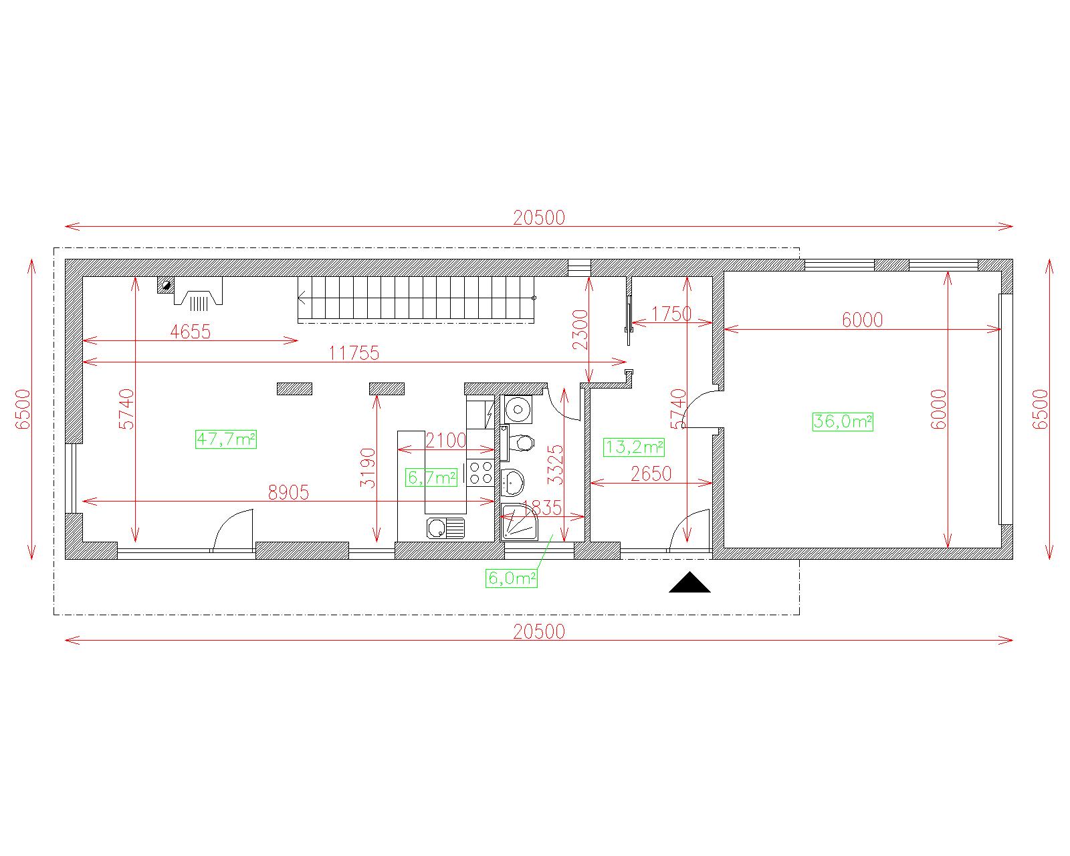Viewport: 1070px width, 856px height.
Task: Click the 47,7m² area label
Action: pyautogui.click(x=226, y=439)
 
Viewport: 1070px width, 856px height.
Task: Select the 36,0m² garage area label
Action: pyautogui.click(x=843, y=421)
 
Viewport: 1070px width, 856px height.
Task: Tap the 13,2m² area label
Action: pyautogui.click(x=633, y=447)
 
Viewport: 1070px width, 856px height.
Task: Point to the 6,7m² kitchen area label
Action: pyautogui.click(x=431, y=477)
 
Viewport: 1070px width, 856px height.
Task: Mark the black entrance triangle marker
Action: pyautogui.click(x=689, y=582)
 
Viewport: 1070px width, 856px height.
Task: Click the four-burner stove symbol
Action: pyautogui.click(x=481, y=473)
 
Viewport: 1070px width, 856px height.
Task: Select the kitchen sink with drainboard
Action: pyautogui.click(x=445, y=528)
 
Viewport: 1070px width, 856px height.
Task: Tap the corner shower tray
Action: pyautogui.click(x=520, y=522)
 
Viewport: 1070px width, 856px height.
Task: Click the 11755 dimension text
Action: pyautogui.click(x=354, y=353)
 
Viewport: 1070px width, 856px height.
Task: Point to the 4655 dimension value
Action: pyautogui.click(x=191, y=331)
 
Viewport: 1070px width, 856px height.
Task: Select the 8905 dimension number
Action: pyautogui.click(x=288, y=492)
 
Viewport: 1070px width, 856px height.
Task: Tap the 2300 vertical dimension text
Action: pyautogui.click(x=580, y=329)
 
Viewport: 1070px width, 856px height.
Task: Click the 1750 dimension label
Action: pyautogui.click(x=671, y=314)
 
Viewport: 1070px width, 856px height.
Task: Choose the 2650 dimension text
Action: pyautogui.click(x=651, y=473)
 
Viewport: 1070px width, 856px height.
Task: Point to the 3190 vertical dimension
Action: pyautogui.click(x=368, y=468)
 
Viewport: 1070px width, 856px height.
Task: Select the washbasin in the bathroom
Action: pyautogui.click(x=512, y=482)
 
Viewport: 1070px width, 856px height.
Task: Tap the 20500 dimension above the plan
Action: pyautogui.click(x=539, y=218)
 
